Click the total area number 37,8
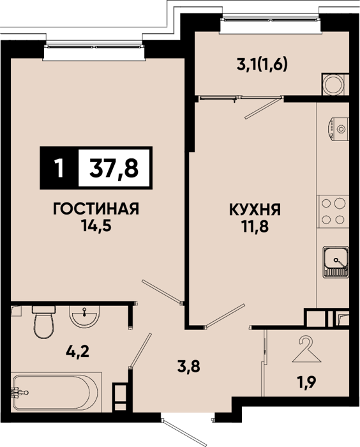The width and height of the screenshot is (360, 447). point(114,168)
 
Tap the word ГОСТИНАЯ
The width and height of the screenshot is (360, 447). point(96,209)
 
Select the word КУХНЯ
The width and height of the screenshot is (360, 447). point(255,210)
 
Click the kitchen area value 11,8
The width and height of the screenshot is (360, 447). point(255,227)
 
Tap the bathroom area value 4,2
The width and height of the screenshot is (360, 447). point(77,351)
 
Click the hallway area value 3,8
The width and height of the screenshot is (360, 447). point(189,367)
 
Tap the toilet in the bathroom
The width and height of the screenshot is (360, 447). point(43,322)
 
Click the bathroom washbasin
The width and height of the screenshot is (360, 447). point(85,316)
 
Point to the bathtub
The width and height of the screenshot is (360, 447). point(56,392)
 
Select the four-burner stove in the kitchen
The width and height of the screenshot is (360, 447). point(333,211)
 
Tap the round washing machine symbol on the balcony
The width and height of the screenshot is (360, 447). point(336,85)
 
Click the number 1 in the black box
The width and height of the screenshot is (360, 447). point(59,168)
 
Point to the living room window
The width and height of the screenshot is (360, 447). point(94,46)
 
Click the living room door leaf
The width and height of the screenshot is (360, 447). point(161,291)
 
